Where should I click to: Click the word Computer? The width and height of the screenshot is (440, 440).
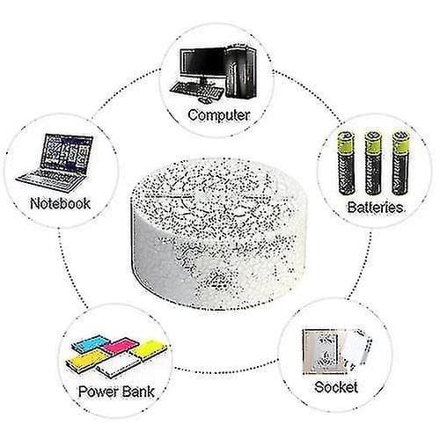(x=219, y=115)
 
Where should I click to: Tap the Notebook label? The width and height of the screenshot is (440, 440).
(x=60, y=203)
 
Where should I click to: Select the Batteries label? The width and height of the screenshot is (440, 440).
(x=375, y=208)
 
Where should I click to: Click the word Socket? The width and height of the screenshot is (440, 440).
(x=336, y=387)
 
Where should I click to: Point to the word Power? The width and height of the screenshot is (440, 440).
(x=95, y=392)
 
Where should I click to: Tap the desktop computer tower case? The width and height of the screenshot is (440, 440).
(x=241, y=71)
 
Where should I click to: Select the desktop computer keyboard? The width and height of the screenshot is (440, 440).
(x=196, y=89)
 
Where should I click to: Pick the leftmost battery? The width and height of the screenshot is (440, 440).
(x=347, y=164)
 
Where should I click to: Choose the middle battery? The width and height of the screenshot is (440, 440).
(x=373, y=164)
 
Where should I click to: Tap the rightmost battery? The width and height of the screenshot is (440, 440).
(x=400, y=164)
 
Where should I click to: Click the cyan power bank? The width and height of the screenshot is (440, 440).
(x=91, y=344)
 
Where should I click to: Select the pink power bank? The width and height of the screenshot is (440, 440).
(x=121, y=346)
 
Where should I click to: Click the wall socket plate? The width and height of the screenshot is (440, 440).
(x=324, y=351)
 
